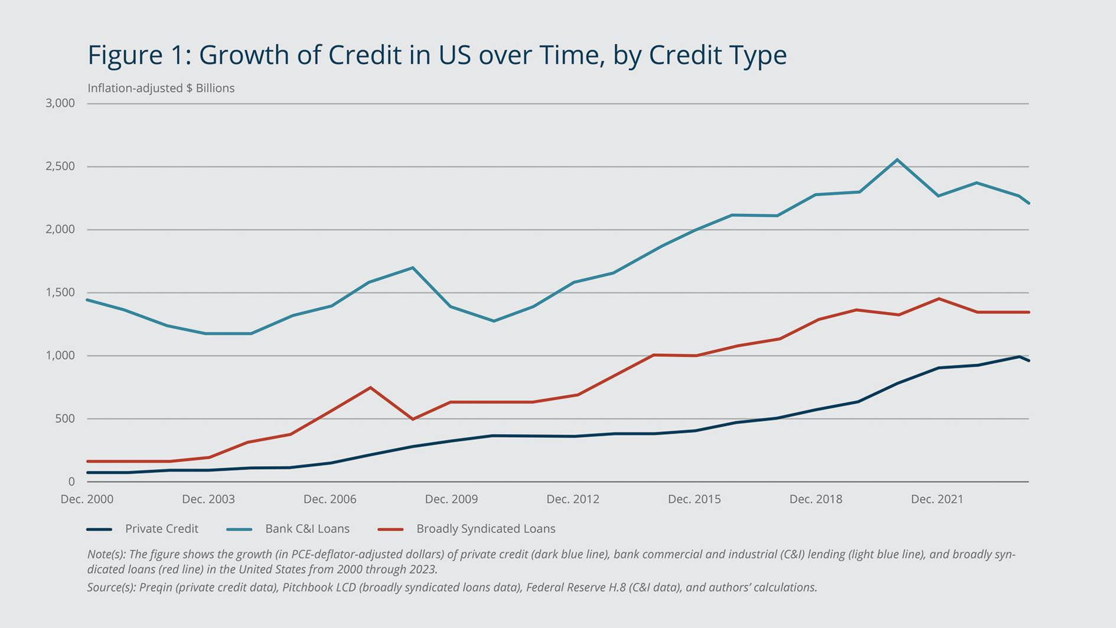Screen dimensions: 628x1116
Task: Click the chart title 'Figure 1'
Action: point(436,55)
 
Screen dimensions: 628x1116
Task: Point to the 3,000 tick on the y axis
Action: point(60,103)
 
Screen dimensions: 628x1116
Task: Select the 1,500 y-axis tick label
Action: point(60,292)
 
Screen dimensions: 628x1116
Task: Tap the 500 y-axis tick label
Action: point(65,419)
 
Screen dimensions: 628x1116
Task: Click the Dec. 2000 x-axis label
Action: point(87,499)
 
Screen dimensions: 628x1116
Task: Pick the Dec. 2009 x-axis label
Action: point(451,499)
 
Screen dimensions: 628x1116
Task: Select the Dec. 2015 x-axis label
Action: point(694,499)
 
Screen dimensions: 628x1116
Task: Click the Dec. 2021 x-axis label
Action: point(937,499)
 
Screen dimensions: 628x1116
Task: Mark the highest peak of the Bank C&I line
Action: point(898,160)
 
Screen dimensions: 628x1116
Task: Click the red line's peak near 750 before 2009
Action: point(370,388)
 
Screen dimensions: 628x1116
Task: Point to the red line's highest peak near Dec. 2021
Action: point(939,299)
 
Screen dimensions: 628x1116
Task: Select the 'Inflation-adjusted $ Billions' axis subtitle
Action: point(161,88)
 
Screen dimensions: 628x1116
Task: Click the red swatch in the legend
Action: point(390,529)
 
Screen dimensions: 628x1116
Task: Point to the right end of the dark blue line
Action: point(1029,360)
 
